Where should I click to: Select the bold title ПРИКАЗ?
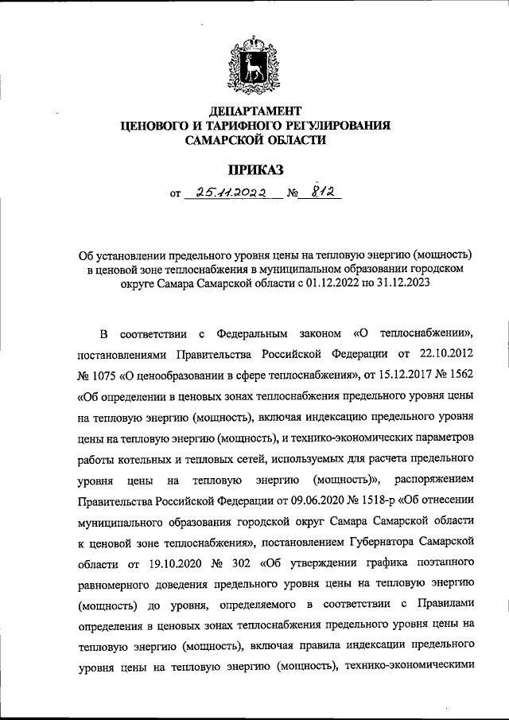click(x=255, y=168)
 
